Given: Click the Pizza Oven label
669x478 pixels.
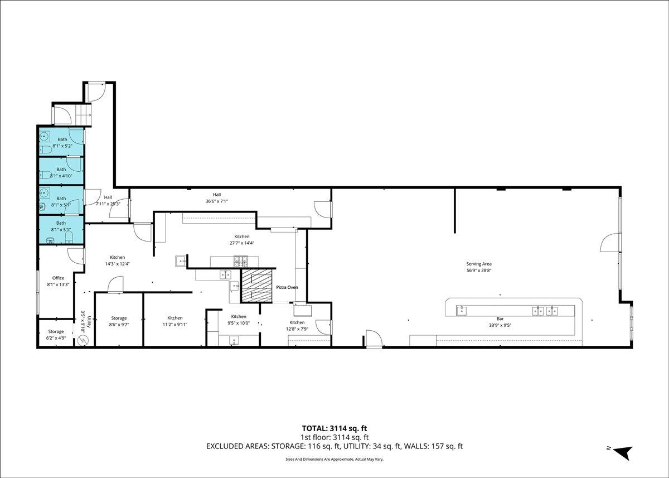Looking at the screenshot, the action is click(x=287, y=287).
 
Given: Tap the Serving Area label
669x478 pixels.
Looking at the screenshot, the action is click(x=479, y=264).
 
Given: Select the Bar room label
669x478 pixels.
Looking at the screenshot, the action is click(x=500, y=319).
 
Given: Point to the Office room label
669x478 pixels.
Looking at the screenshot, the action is click(x=58, y=278).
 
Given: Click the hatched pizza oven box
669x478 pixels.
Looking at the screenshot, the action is click(x=257, y=286).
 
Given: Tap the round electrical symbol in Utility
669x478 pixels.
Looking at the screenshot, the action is click(x=83, y=340).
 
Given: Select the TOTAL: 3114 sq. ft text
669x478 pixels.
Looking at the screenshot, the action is click(x=334, y=428).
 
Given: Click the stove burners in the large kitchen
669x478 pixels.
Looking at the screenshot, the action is click(x=241, y=262).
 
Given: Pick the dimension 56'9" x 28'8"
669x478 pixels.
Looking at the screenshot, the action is click(x=479, y=271).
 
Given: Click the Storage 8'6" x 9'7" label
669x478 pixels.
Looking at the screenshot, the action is click(x=119, y=321).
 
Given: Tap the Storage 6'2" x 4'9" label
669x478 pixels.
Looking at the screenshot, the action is click(x=56, y=335).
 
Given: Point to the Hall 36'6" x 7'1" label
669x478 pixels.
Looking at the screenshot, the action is click(x=217, y=198).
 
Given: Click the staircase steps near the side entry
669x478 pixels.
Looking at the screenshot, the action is click(x=83, y=115).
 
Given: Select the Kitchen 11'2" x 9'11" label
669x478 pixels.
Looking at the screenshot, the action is click(x=174, y=321).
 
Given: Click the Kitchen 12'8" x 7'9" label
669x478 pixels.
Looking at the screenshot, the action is click(x=297, y=326).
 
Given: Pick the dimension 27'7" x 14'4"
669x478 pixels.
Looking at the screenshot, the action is click(x=242, y=243).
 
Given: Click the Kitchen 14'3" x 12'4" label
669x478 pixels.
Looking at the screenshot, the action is click(x=118, y=260).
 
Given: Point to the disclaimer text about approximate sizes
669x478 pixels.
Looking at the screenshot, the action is click(x=334, y=459).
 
